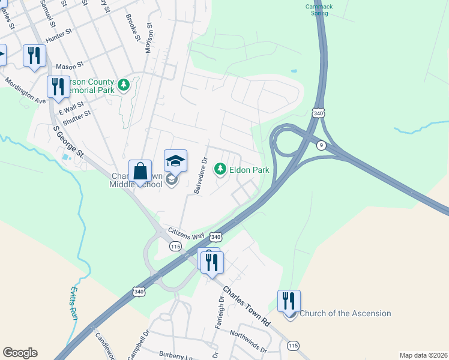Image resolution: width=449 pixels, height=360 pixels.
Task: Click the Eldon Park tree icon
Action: [x=220, y=170]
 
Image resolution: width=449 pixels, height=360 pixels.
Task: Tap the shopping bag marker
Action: [x=140, y=171]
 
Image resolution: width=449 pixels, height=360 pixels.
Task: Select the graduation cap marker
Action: [x=175, y=161]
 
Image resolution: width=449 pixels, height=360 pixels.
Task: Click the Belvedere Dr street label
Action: [x=200, y=176]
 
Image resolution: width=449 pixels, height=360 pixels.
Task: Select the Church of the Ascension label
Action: [x=345, y=313]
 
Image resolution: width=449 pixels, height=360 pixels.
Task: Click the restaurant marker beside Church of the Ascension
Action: [x=289, y=301]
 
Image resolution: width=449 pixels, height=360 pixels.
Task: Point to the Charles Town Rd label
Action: [x=247, y=306]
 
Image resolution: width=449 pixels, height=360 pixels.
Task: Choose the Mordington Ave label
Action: [x=25, y=90]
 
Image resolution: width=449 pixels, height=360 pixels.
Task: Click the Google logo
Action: [x=20, y=353]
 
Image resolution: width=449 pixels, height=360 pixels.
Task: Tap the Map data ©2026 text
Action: [x=423, y=355]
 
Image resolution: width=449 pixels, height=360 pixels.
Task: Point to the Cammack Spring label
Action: [x=319, y=10]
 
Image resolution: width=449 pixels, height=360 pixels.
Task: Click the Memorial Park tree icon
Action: [x=124, y=85]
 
